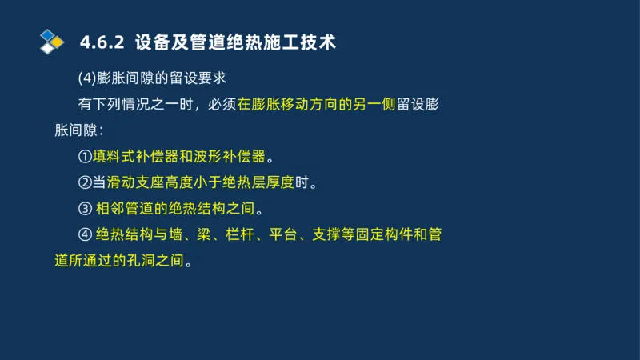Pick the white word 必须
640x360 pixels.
(221, 105)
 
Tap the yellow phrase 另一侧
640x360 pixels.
(374, 105)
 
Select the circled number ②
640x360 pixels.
(85, 182)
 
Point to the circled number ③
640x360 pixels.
(85, 209)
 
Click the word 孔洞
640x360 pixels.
(137, 261)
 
